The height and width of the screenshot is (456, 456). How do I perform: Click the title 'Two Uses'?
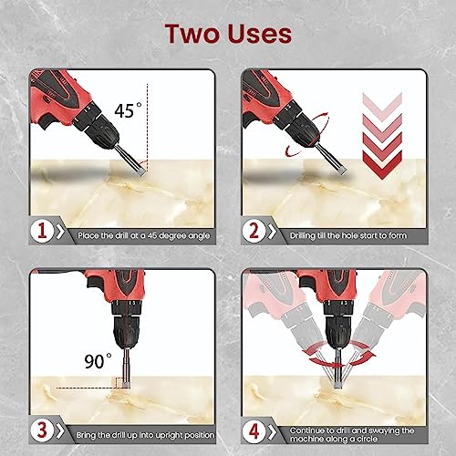[x=228, y=35]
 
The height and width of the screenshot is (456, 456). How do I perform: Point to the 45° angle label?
[x=129, y=111]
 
